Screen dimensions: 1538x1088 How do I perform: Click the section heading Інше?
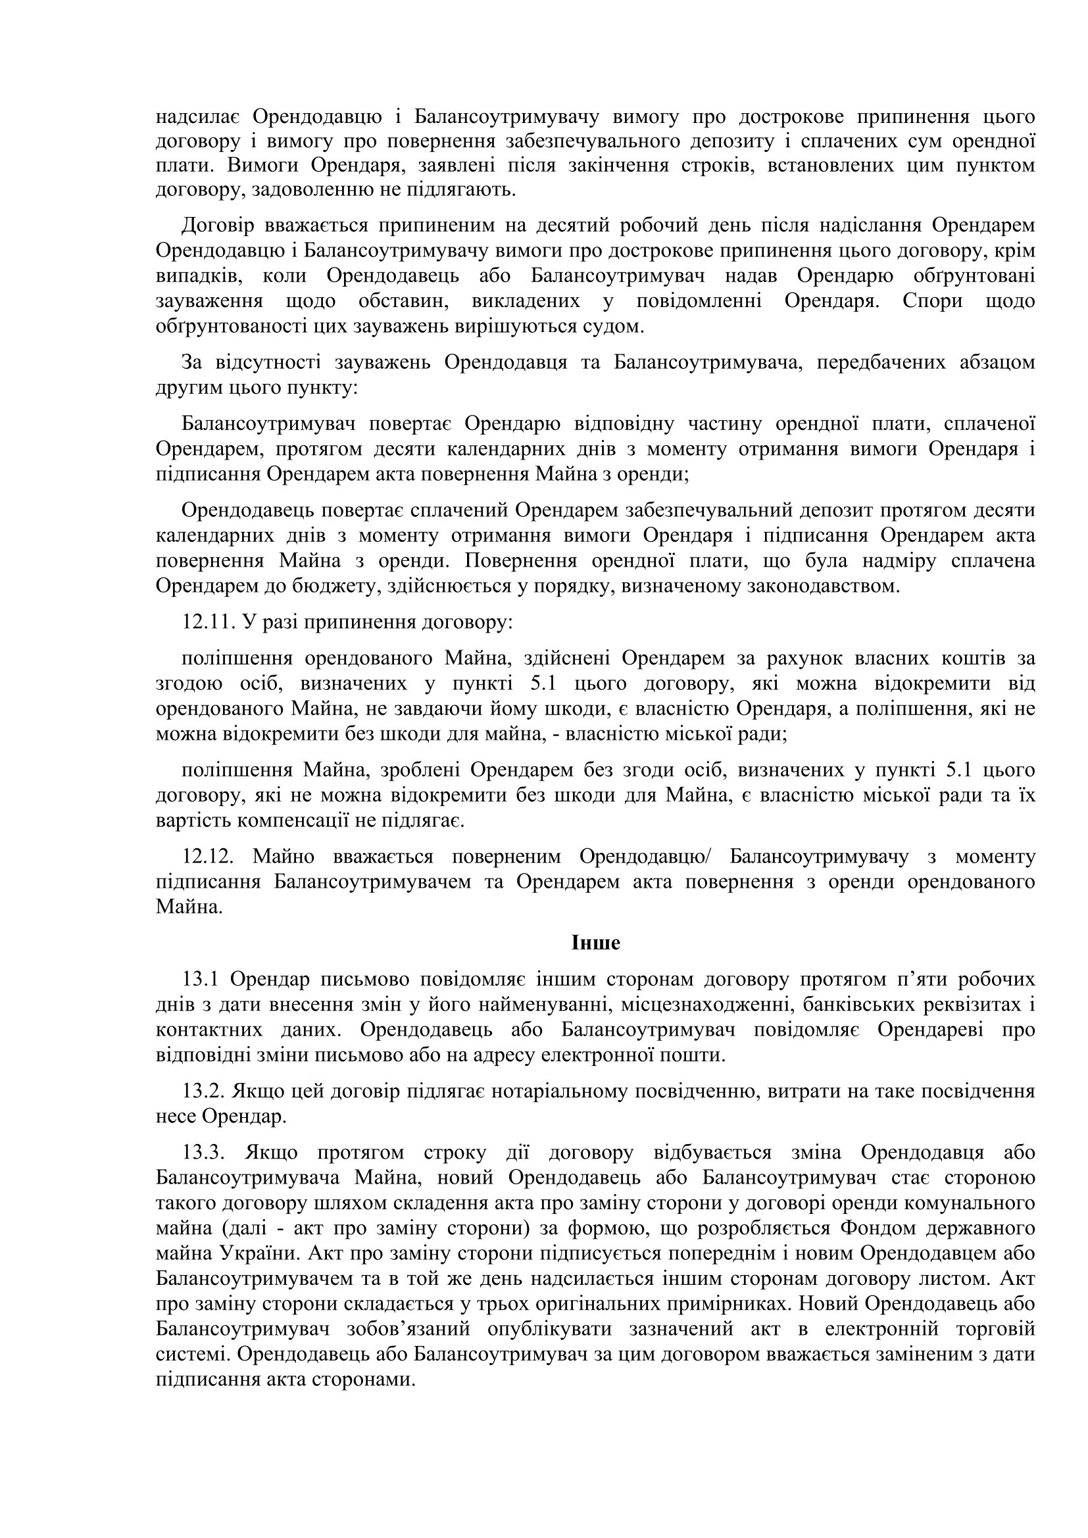click(595, 942)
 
